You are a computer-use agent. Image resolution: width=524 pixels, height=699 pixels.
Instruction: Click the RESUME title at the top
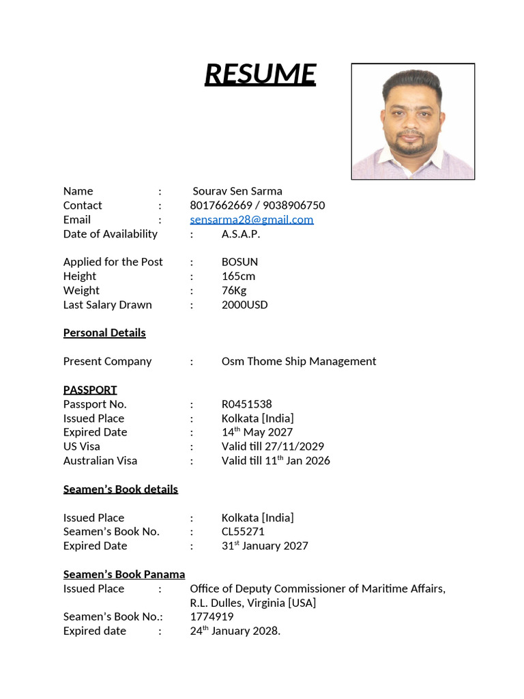coord(260,74)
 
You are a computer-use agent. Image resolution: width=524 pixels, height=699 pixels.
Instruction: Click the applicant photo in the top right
coord(413,122)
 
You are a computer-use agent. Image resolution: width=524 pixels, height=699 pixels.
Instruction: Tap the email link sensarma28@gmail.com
coord(252,219)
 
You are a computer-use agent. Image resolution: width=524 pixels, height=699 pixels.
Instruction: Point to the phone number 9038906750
coord(293,205)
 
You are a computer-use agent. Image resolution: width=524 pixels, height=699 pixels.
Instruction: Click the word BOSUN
coord(239,261)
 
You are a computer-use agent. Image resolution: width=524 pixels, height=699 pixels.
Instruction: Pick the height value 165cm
coord(238,276)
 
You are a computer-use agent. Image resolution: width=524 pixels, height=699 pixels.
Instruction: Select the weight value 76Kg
coord(234,290)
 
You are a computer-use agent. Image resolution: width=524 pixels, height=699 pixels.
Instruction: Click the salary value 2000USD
coord(244,304)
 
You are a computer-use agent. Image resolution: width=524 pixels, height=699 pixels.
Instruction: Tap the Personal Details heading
coord(104,332)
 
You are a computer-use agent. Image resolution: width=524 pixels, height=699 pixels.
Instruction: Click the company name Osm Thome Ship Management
coord(298,361)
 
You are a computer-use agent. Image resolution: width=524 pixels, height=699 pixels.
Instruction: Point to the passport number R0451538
coord(246,404)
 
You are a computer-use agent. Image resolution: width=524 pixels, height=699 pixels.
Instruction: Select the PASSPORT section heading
coord(90,390)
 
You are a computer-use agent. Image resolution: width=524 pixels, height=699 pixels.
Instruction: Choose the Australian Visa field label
coord(100,461)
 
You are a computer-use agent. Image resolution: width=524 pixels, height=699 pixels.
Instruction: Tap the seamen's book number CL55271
coord(243,531)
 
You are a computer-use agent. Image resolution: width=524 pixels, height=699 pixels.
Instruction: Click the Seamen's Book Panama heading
coord(124,574)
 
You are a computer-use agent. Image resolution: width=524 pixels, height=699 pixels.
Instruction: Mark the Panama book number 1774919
coord(212,616)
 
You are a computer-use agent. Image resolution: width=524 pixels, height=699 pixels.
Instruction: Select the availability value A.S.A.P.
coord(240,233)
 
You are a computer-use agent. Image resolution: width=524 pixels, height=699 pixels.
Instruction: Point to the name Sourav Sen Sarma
coord(237,190)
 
